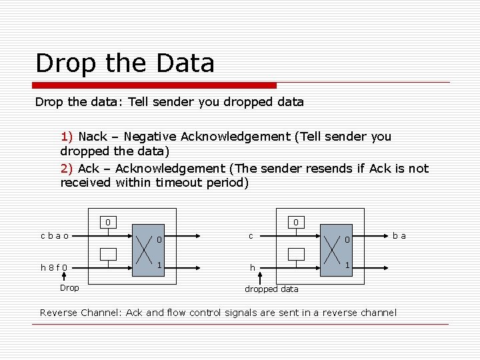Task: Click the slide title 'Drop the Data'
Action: pos(125,63)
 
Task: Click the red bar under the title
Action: pos(155,85)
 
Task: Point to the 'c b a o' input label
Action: pos(54,235)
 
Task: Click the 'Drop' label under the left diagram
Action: pos(69,288)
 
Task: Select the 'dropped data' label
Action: pos(271,289)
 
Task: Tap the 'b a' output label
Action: pos(399,235)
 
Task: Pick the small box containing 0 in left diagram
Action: pos(108,222)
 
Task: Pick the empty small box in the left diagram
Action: pos(108,254)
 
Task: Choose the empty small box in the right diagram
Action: pos(296,254)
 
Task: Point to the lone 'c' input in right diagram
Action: pos(251,235)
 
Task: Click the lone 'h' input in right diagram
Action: pos(252,268)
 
